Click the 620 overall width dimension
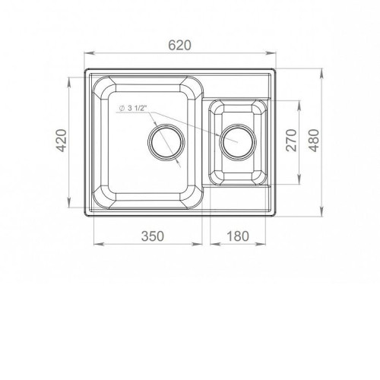tap(179, 46)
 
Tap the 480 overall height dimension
tap(315, 141)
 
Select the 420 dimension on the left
tap(61, 141)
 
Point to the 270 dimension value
tap(291, 141)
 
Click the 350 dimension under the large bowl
tap(153, 236)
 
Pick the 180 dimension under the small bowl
tap(238, 236)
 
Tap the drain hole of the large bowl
tap(166, 142)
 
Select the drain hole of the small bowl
tap(238, 142)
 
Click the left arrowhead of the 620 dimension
tap(89, 53)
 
